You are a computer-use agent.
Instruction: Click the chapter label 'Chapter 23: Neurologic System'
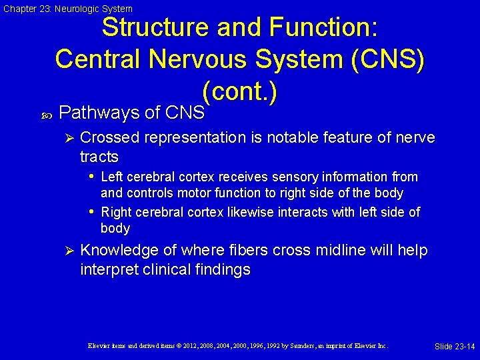coord(68,9)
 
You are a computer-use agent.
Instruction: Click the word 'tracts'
coord(99,157)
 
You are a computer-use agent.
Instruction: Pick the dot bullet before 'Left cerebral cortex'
coord(91,177)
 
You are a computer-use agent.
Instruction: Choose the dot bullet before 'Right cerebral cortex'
coord(91,212)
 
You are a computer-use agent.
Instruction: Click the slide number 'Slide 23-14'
coord(454,347)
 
